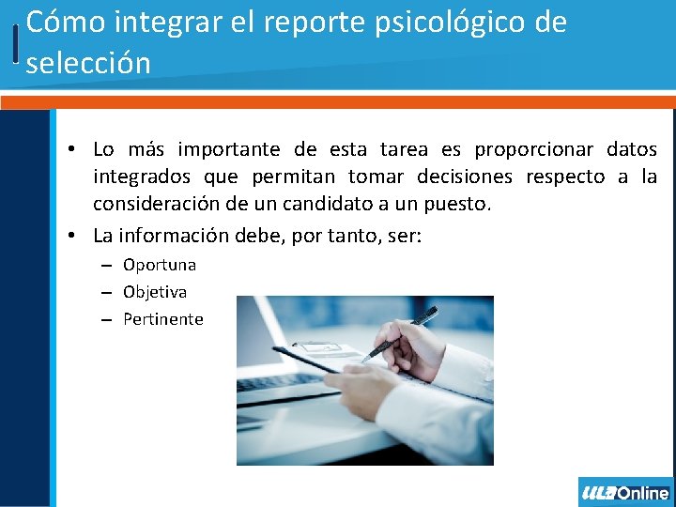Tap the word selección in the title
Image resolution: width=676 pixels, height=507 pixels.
pyautogui.click(x=88, y=64)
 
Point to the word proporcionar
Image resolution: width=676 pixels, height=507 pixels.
pyautogui.click(x=534, y=149)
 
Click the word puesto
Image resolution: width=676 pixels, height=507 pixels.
pyautogui.click(x=457, y=204)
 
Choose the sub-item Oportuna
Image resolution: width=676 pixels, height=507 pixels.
pyautogui.click(x=160, y=265)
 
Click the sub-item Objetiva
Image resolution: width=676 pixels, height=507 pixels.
pyautogui.click(x=155, y=292)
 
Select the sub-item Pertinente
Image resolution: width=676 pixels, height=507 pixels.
pyautogui.click(x=163, y=319)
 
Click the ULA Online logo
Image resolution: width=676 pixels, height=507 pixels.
pyautogui.click(x=625, y=492)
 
